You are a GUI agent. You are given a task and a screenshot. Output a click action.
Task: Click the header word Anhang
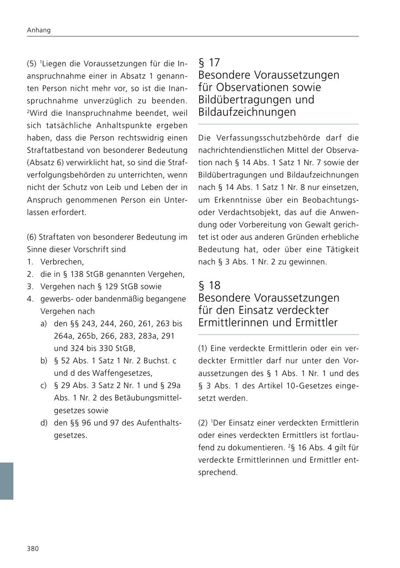click(x=39, y=30)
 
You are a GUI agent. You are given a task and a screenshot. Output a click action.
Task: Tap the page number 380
click(x=33, y=548)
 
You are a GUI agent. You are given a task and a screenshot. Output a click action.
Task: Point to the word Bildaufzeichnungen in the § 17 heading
click(x=247, y=112)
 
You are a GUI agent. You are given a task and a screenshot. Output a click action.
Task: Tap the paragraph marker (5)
click(x=32, y=64)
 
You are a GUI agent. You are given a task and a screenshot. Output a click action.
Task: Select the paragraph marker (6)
click(x=32, y=237)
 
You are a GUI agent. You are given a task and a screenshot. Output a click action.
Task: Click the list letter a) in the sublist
click(x=44, y=324)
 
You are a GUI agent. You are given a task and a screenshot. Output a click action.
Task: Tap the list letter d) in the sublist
click(x=44, y=423)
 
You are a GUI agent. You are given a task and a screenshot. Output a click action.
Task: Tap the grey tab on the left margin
click(x=7, y=481)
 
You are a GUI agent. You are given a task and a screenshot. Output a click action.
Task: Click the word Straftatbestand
click(x=55, y=150)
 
